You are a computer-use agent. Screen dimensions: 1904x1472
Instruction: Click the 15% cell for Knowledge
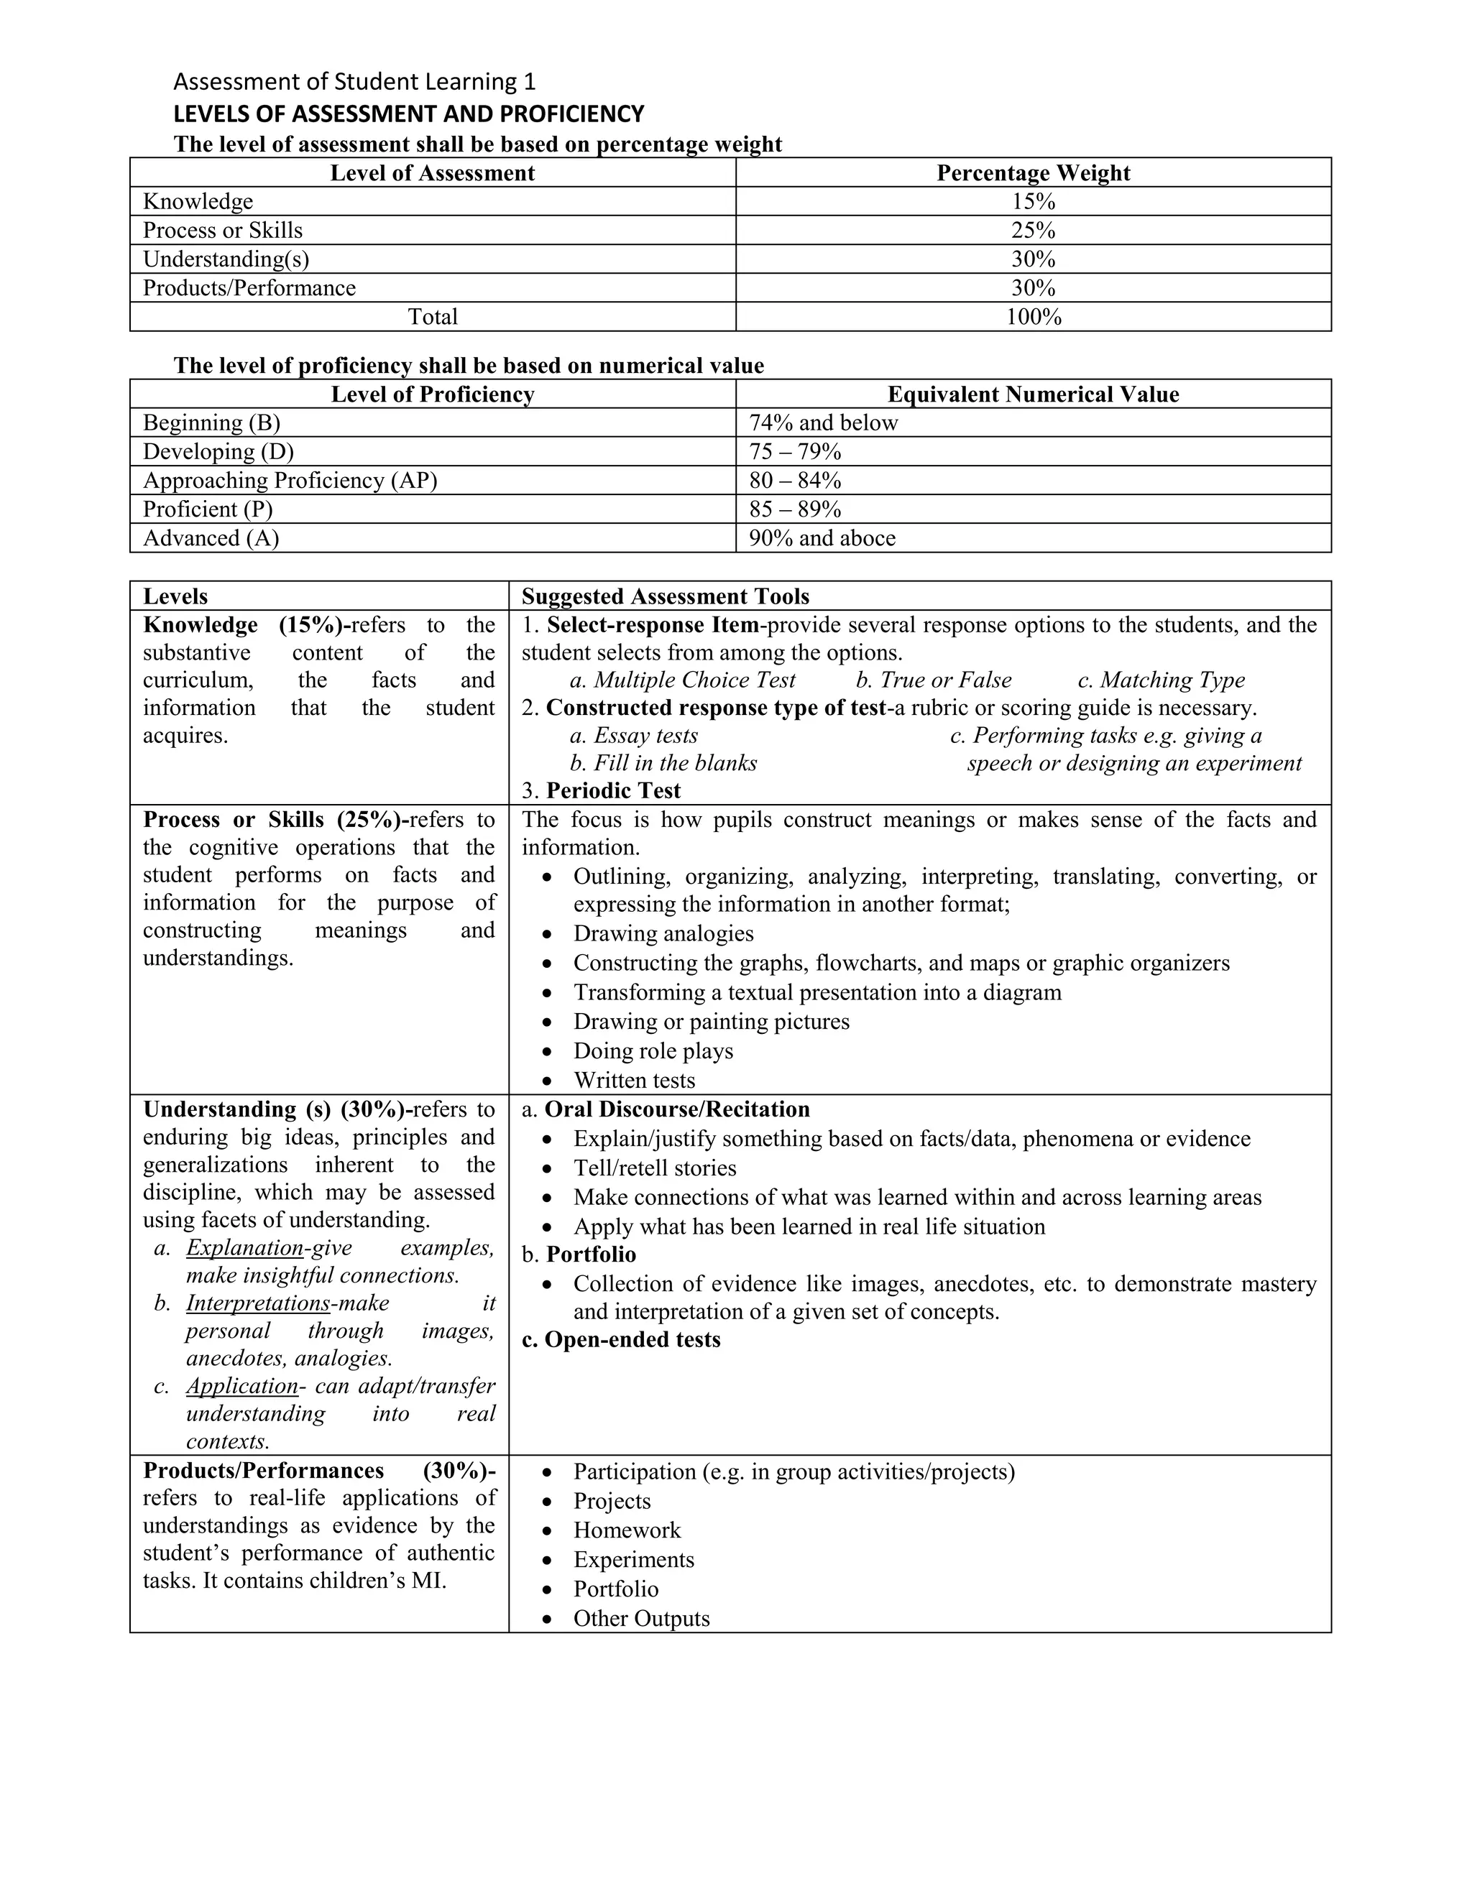click(x=1033, y=201)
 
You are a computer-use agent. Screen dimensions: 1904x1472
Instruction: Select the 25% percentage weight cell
click(x=1033, y=230)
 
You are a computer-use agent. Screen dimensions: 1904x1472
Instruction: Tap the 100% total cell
click(x=1033, y=316)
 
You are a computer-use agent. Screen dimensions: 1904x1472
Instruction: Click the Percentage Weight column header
click(x=1033, y=172)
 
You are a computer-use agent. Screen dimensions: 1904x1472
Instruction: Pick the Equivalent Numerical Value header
click(x=1033, y=394)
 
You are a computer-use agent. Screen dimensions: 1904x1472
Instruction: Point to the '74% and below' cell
click(x=823, y=422)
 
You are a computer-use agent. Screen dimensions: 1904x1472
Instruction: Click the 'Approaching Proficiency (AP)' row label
click(x=290, y=481)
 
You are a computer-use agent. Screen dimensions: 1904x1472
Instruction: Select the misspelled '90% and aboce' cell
click(x=822, y=538)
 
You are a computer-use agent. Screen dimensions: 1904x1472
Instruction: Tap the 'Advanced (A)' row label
click(x=211, y=538)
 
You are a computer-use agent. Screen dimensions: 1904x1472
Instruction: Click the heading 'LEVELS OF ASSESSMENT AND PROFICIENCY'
click(x=408, y=114)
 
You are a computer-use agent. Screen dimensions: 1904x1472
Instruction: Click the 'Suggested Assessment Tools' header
click(x=666, y=596)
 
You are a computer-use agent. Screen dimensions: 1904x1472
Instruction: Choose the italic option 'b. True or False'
click(x=933, y=680)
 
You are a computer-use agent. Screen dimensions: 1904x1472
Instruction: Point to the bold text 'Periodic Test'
click(x=613, y=791)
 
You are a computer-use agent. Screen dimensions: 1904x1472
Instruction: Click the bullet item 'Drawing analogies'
click(x=663, y=934)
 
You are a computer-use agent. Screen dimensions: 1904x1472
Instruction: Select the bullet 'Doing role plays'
click(x=653, y=1050)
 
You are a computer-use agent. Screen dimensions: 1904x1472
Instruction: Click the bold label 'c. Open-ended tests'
click(x=621, y=1339)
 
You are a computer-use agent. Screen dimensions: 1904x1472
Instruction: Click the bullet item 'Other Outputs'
click(x=641, y=1618)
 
